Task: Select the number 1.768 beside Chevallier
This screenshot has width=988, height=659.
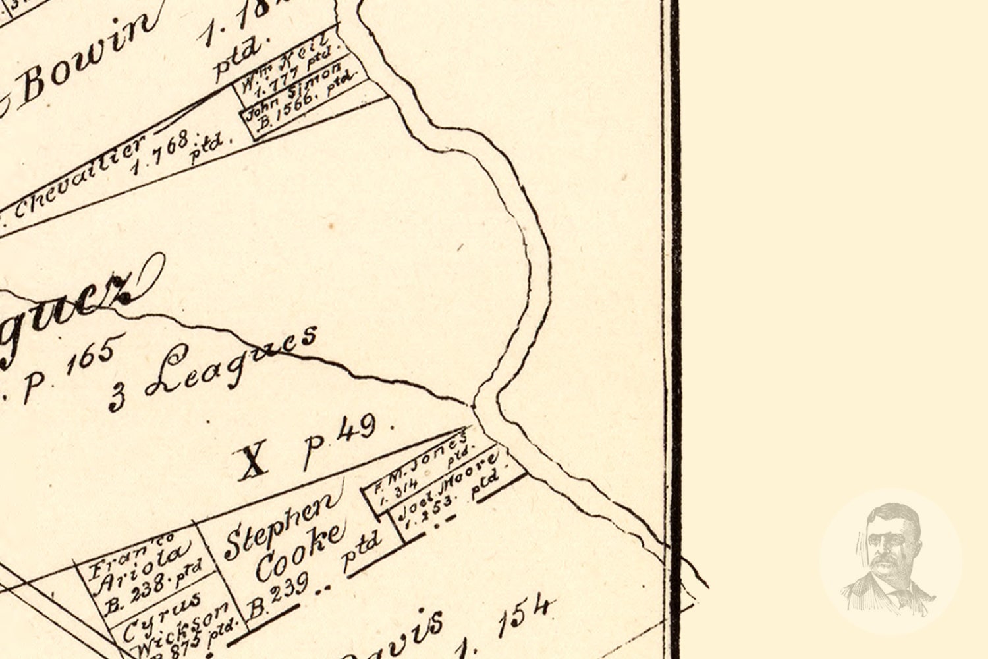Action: click(161, 152)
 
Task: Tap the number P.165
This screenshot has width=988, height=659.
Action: click(69, 369)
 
